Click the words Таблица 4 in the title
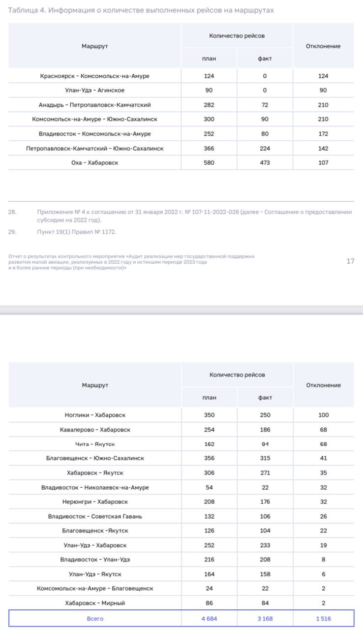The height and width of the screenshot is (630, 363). click(24, 10)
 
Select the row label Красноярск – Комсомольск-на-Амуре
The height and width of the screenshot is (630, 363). click(94, 76)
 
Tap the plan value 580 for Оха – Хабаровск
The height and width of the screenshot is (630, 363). click(209, 163)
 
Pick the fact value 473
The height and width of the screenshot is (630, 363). click(265, 163)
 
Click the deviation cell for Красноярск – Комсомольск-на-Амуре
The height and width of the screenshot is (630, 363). click(323, 76)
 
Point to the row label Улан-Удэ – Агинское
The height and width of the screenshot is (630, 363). click(94, 91)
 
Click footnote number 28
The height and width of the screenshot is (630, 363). click(12, 212)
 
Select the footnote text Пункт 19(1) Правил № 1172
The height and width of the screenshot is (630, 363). click(76, 232)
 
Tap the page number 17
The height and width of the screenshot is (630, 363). click(350, 261)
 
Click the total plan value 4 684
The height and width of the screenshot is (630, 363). click(209, 619)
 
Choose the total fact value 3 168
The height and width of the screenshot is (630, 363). click(265, 619)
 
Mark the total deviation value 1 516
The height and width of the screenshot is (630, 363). click(323, 619)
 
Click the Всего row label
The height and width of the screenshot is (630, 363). click(95, 619)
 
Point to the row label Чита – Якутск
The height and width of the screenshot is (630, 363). click(95, 444)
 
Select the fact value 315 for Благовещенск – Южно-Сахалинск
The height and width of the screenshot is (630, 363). click(265, 458)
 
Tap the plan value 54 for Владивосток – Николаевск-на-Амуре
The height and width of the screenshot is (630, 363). click(209, 487)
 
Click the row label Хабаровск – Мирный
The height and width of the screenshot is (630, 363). click(95, 603)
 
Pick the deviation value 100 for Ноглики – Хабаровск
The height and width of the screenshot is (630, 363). click(323, 415)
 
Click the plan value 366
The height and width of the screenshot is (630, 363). click(209, 148)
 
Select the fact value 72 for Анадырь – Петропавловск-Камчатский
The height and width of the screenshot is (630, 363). click(265, 105)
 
